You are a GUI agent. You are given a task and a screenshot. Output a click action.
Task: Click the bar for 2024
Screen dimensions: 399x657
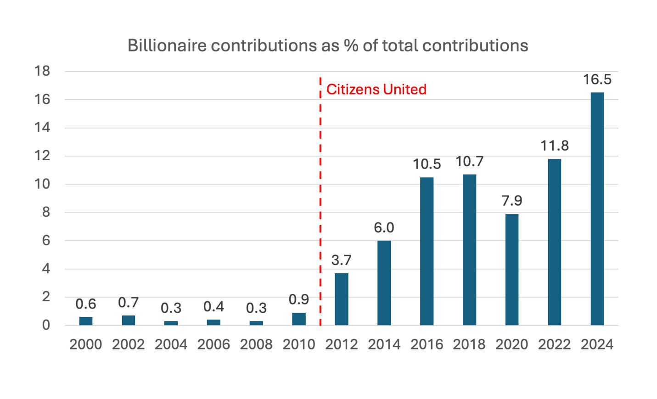pos(597,209)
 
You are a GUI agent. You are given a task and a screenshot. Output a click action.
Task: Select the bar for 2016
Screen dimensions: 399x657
pos(427,251)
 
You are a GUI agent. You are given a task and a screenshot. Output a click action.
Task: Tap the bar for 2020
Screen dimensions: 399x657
pos(511,270)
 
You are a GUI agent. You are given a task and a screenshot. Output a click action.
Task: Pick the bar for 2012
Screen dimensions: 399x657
pos(341,299)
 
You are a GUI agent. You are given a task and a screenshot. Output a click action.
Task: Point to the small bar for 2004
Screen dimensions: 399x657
pos(171,323)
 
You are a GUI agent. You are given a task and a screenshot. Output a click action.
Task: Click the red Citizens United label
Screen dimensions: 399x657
pos(376,89)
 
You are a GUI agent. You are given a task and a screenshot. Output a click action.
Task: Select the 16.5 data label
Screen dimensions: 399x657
pos(597,79)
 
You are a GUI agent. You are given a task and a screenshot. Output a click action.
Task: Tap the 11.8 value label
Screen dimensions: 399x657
pos(554,146)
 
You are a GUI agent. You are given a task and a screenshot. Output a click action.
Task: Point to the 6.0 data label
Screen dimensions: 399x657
pos(384,228)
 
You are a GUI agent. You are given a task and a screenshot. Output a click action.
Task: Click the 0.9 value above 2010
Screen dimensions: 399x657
pos(298,299)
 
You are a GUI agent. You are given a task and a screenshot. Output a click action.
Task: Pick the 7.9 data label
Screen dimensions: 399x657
pos(511,201)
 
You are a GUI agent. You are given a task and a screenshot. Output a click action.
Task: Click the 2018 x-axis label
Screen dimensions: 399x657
pos(469,344)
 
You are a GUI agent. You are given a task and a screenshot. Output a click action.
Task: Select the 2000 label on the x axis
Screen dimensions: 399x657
pos(86,344)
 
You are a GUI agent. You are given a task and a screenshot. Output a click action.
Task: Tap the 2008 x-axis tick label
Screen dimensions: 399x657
pos(256,344)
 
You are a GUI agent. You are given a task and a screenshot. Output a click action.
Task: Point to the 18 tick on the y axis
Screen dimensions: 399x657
pos(42,71)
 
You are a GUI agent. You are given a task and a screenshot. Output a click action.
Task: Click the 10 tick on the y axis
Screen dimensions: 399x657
pos(42,184)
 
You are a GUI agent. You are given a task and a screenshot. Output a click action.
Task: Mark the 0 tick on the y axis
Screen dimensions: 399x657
pos(45,325)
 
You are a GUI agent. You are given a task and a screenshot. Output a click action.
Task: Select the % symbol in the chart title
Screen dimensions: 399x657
pos(351,45)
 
